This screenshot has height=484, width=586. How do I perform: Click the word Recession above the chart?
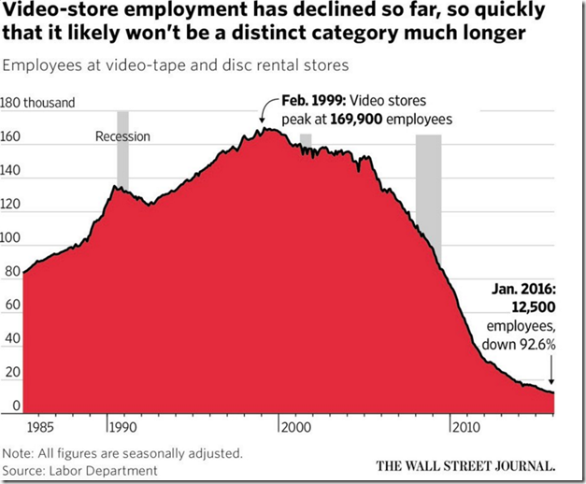point(122,136)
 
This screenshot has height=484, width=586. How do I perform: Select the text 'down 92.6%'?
point(522,344)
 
